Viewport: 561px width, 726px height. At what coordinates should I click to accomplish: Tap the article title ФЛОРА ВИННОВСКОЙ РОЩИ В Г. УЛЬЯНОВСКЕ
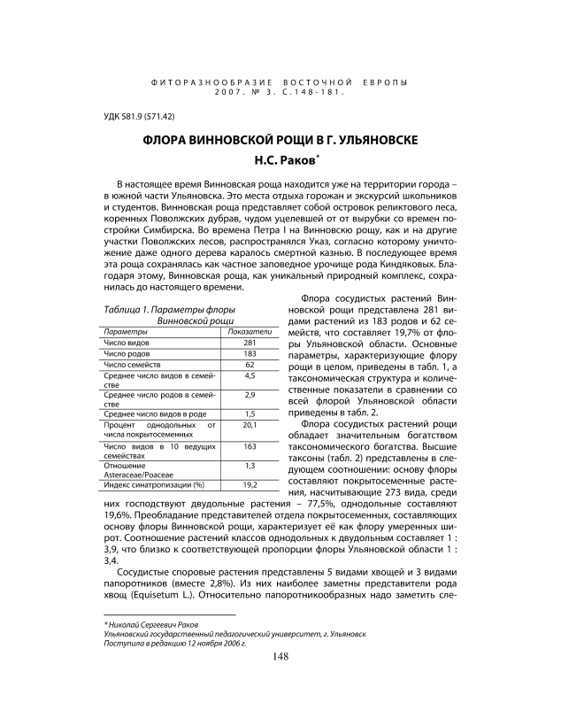tap(280, 141)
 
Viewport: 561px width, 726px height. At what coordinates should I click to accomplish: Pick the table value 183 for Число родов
tap(250, 353)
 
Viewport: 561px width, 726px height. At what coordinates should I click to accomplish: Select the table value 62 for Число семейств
tap(250, 365)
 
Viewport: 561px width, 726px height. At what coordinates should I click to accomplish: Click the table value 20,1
tap(250, 424)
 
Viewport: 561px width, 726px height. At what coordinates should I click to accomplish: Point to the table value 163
tap(250, 446)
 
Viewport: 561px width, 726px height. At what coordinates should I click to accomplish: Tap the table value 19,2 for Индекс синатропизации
tap(250, 484)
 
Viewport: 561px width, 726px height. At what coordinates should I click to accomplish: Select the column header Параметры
tap(125, 331)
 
